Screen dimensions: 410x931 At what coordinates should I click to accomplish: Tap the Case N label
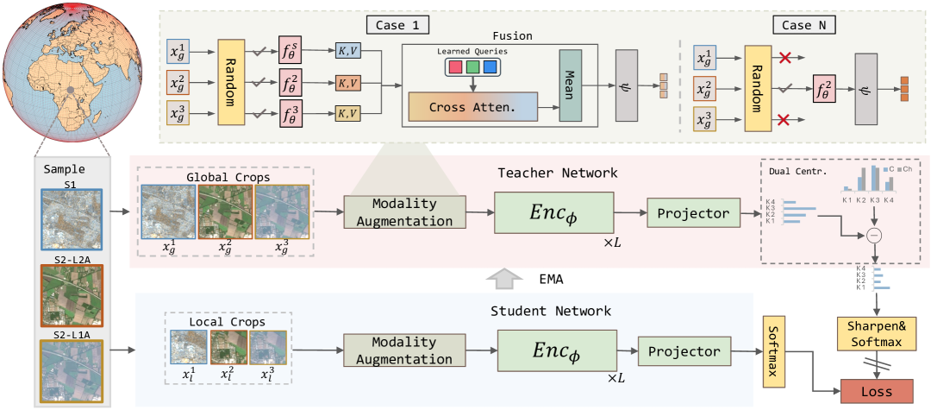click(x=804, y=24)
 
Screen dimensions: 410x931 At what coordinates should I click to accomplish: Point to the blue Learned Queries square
click(x=490, y=66)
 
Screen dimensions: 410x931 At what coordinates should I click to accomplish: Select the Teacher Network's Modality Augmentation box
click(x=404, y=212)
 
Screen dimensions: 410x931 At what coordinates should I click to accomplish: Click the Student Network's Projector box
click(x=684, y=352)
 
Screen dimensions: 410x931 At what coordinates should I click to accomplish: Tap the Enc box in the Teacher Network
click(x=552, y=211)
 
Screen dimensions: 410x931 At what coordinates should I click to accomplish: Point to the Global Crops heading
click(x=227, y=177)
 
